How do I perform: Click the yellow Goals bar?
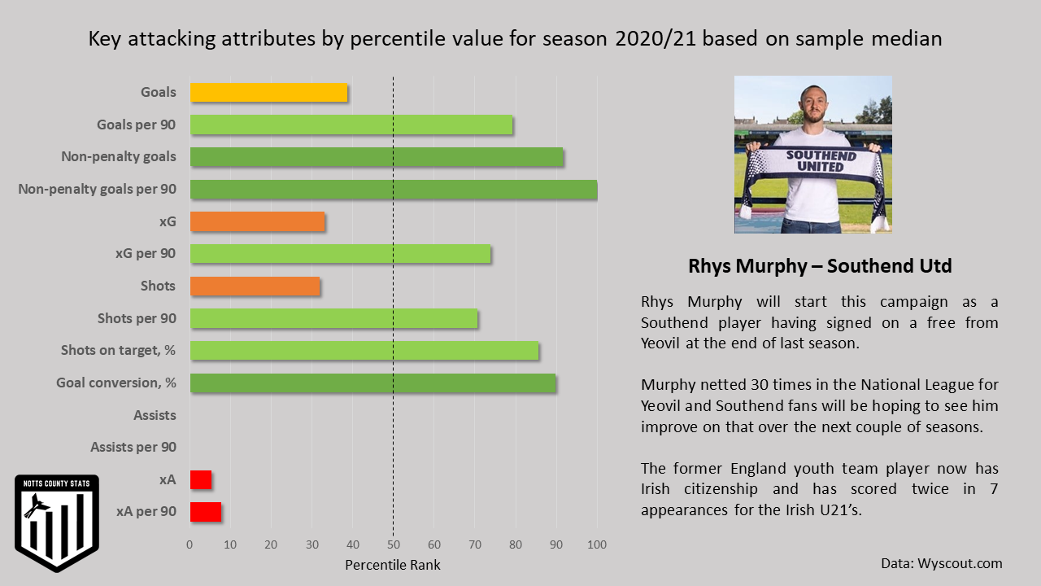268,93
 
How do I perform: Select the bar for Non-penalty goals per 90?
394,190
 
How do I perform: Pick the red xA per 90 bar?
205,512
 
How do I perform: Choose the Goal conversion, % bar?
373,383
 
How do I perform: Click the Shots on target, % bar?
364,351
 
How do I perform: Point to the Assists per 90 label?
133,447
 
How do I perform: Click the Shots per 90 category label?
137,318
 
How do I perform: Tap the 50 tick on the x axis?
394,544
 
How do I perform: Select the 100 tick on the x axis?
597,544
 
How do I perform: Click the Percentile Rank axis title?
393,565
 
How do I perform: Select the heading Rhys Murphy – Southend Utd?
820,266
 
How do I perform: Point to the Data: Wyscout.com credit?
941,563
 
